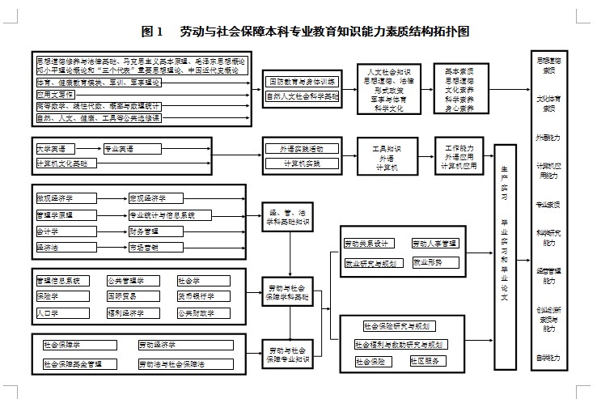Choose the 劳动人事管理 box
pyautogui.click(x=434, y=244)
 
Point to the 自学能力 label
pyautogui.click(x=548, y=357)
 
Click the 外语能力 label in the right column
pyautogui.click(x=548, y=138)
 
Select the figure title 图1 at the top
pyautogui.click(x=152, y=32)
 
